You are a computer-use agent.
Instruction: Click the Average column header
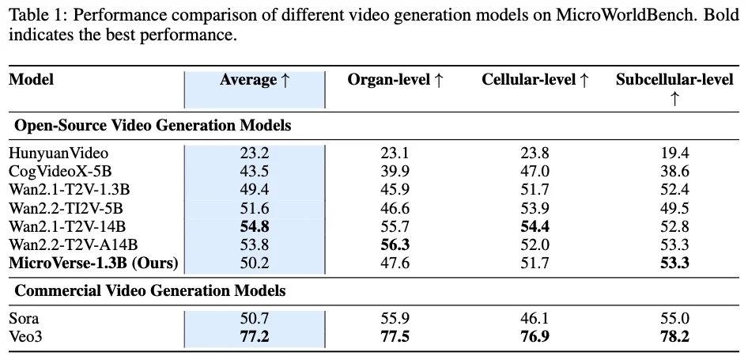pyautogui.click(x=255, y=80)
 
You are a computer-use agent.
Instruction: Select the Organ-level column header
pyautogui.click(x=395, y=80)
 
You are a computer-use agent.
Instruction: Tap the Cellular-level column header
pyautogui.click(x=535, y=80)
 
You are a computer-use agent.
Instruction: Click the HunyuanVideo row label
pyautogui.click(x=59, y=153)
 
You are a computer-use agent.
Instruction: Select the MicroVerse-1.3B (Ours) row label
pyautogui.click(x=93, y=263)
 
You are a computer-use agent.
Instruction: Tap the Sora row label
pyautogui.click(x=24, y=319)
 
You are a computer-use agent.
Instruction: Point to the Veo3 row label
pyautogui.click(x=25, y=337)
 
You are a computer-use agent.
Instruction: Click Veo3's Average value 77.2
pyautogui.click(x=255, y=337)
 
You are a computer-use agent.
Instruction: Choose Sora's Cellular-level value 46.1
pyautogui.click(x=535, y=319)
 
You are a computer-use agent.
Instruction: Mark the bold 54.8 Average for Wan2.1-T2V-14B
pyautogui.click(x=255, y=226)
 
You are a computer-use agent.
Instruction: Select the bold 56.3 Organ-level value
pyautogui.click(x=395, y=244)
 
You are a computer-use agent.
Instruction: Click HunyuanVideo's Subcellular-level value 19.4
pyautogui.click(x=674, y=153)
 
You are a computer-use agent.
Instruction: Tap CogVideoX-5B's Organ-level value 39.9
pyautogui.click(x=395, y=172)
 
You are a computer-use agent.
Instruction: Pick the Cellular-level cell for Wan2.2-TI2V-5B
pyautogui.click(x=535, y=208)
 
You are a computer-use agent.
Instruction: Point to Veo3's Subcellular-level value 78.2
pyautogui.click(x=674, y=337)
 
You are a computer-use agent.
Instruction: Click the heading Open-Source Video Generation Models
pyautogui.click(x=153, y=125)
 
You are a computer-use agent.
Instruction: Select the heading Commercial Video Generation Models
pyautogui.click(x=150, y=291)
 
